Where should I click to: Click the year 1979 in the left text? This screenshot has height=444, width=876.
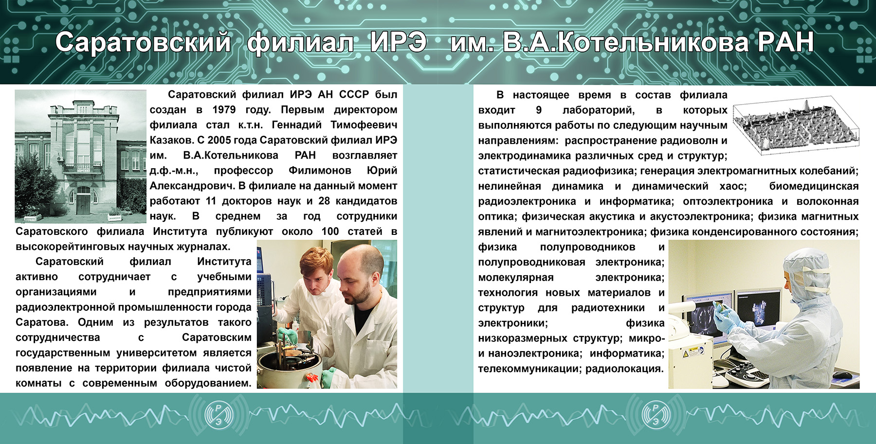(x=224, y=110)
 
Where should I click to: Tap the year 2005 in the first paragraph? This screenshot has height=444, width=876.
(x=220, y=140)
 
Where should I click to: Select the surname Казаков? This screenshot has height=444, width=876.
(x=172, y=140)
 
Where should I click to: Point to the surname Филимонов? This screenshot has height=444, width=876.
(x=320, y=171)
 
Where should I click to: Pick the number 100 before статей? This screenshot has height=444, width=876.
(x=330, y=231)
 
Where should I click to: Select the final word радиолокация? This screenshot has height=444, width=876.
(x=624, y=369)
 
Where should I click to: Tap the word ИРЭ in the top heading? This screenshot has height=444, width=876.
(x=398, y=42)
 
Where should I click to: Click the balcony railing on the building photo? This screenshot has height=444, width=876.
(x=82, y=168)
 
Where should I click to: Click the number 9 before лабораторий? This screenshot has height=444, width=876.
(x=539, y=110)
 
